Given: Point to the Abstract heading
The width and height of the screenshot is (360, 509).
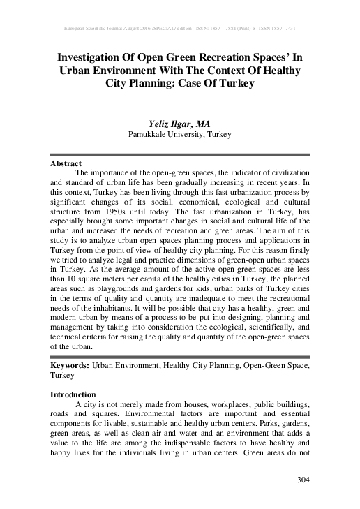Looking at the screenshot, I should pos(67,163).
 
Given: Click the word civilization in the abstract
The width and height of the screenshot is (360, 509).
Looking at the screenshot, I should pos(283,172).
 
